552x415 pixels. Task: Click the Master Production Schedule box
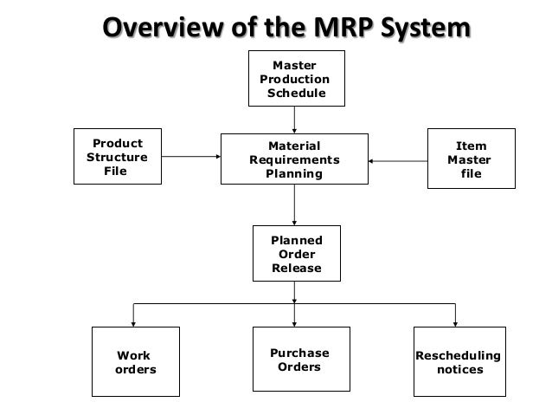point(297,78)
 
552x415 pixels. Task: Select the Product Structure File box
point(118,156)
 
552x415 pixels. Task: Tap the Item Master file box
point(472,159)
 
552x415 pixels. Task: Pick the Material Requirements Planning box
point(294,159)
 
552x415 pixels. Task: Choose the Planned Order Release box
point(297,253)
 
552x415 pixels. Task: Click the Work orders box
point(136,361)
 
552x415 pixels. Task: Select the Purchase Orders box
point(301,359)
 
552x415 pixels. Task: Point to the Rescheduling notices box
point(459,361)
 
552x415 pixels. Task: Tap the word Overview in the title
point(164,28)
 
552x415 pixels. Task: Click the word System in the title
point(426,29)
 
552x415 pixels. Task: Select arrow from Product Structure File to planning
point(191,156)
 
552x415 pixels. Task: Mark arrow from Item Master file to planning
point(398,161)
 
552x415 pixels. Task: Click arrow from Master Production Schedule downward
point(294,120)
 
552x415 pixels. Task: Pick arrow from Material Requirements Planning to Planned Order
point(294,204)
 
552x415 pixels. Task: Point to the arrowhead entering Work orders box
point(133,324)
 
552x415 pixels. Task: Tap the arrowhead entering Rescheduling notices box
point(455,324)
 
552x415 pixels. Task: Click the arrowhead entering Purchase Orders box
point(294,324)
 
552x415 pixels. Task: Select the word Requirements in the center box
point(294,159)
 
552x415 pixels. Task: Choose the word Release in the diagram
point(297,268)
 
